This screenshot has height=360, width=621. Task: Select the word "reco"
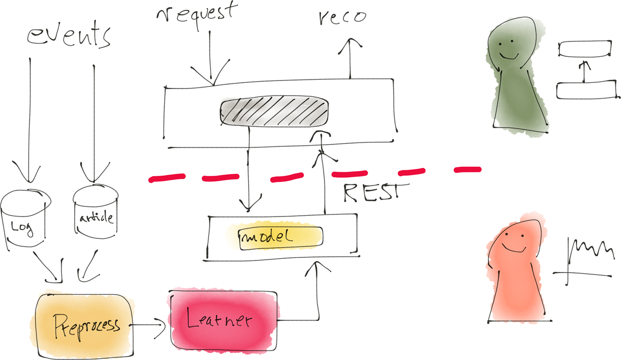tap(342, 18)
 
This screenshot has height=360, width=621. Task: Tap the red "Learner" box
tap(224, 320)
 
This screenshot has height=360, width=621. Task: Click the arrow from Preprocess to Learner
tap(149, 326)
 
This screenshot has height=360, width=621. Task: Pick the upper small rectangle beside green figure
tap(583, 49)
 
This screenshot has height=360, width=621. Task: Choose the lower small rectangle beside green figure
tap(586, 90)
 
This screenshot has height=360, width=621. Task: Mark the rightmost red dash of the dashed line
tap(467, 169)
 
